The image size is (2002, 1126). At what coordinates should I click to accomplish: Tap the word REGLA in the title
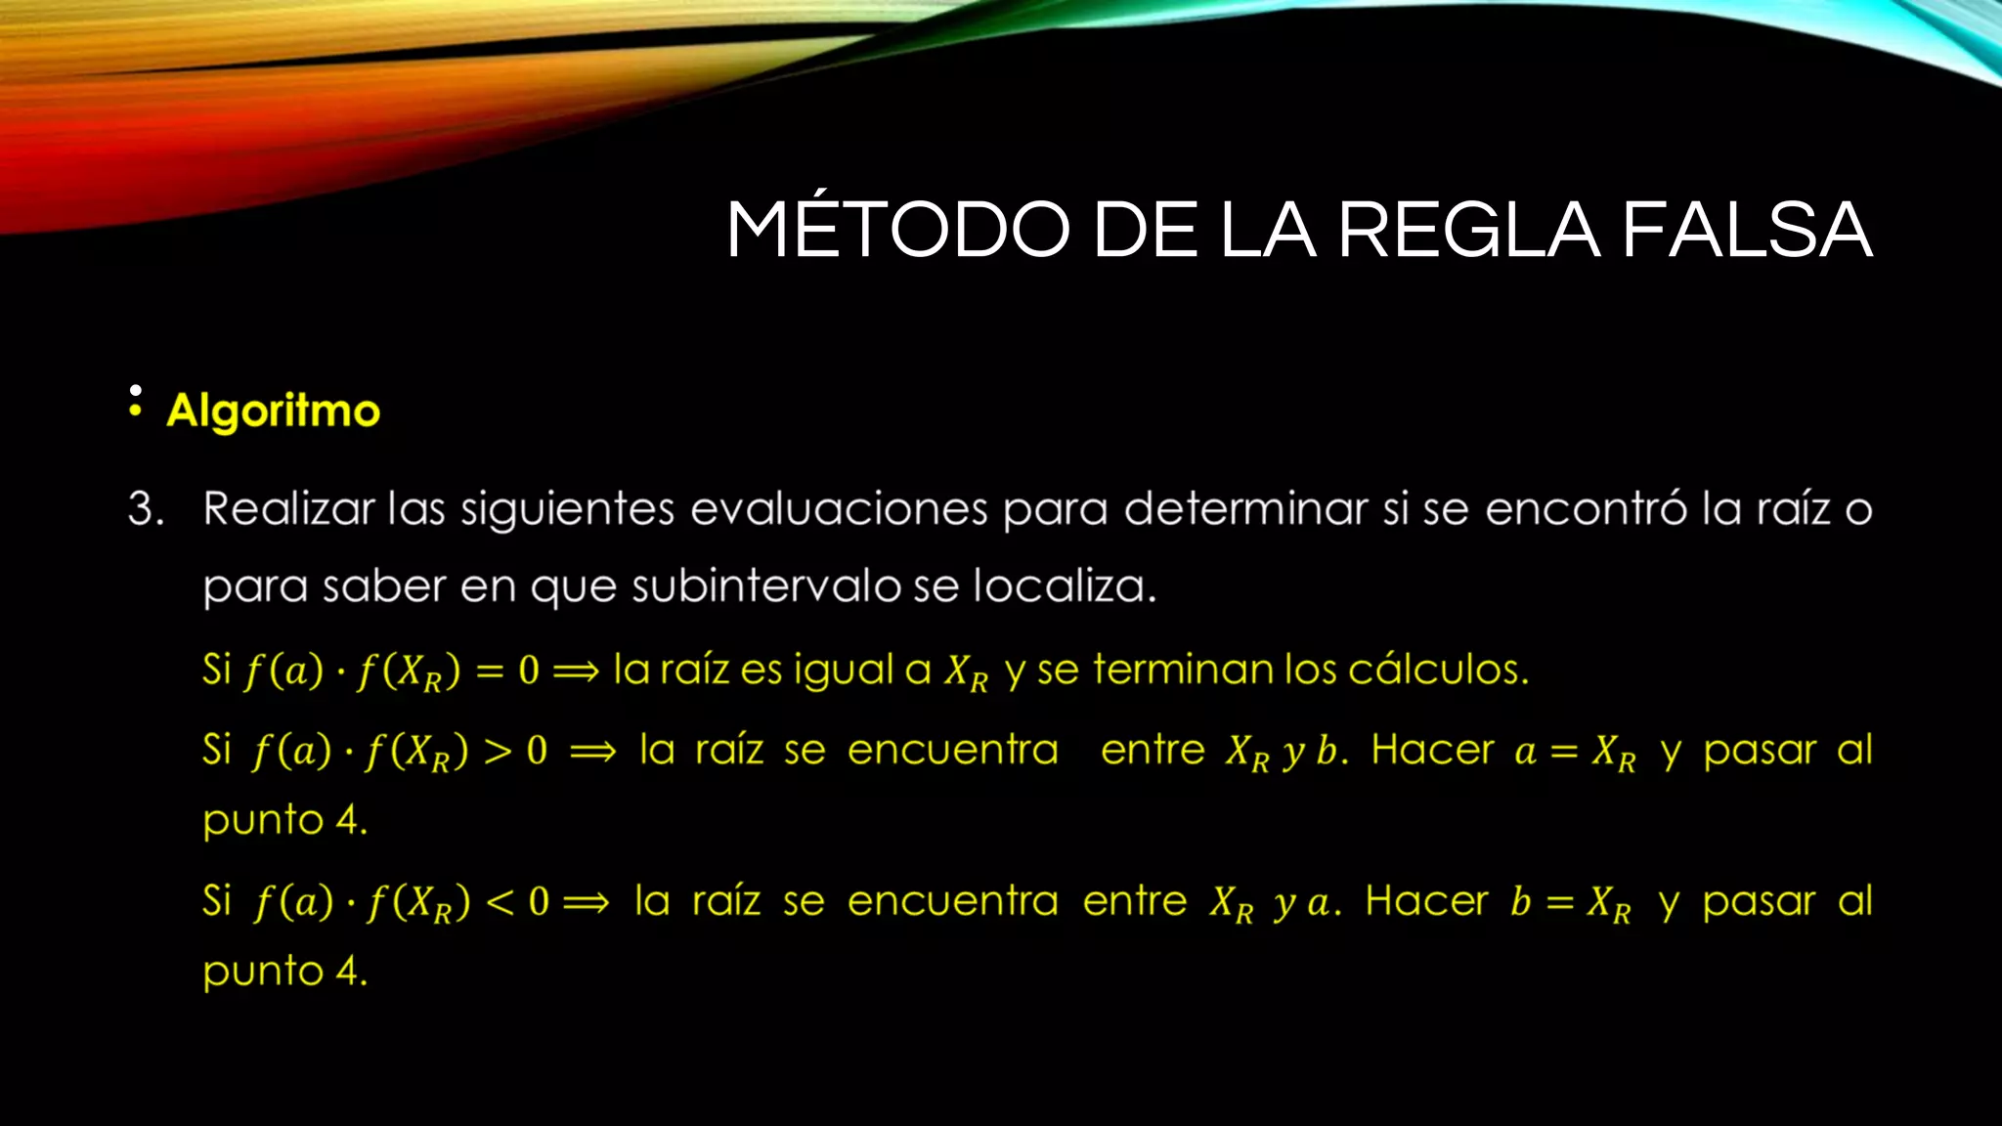click(1468, 231)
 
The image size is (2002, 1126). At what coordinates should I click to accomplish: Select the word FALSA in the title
click(1746, 231)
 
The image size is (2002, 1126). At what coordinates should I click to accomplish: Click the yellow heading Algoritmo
click(273, 411)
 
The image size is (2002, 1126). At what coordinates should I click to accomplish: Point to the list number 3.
click(146, 509)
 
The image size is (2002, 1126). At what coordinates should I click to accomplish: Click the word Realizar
click(288, 509)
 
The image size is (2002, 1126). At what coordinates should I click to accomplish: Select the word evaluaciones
click(839, 509)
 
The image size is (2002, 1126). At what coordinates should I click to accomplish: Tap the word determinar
click(1244, 509)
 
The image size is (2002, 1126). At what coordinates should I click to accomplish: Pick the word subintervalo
click(765, 586)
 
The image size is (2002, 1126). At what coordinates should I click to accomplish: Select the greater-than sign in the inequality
click(498, 752)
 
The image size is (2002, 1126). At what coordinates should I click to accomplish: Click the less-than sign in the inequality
click(500, 902)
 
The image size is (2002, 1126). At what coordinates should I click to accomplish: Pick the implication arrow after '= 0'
click(576, 671)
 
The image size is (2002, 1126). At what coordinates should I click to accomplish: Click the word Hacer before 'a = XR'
click(1432, 751)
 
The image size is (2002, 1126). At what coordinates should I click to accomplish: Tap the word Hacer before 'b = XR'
click(1426, 901)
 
